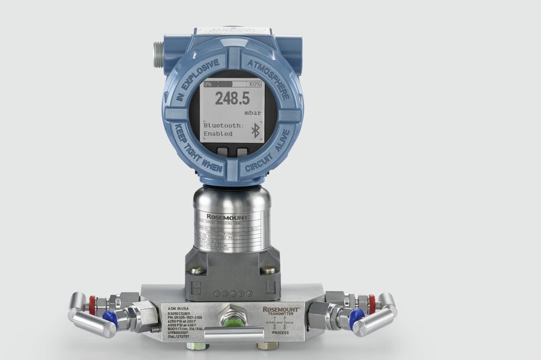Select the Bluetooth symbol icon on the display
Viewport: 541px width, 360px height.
click(x=254, y=130)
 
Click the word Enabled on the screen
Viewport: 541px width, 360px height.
click(x=218, y=134)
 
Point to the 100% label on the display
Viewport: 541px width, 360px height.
click(x=254, y=83)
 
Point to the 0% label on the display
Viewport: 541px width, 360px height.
click(x=208, y=83)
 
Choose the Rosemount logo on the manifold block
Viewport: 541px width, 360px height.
click(x=280, y=309)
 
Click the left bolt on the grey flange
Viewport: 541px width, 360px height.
click(x=196, y=270)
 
